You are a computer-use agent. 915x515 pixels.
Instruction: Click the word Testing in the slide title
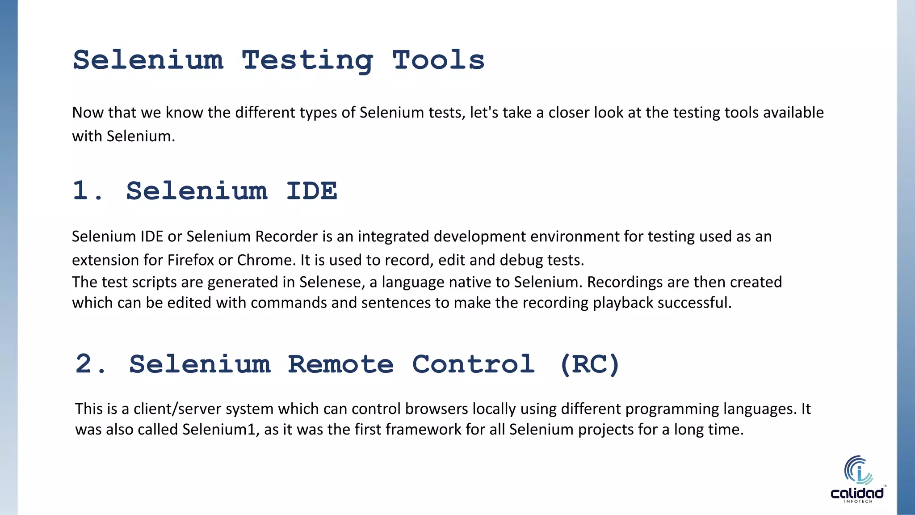coord(307,60)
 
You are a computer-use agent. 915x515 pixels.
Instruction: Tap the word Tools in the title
coord(438,60)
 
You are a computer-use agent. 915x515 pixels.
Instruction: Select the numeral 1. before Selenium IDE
coord(88,191)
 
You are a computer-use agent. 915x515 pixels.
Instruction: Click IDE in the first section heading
coord(311,191)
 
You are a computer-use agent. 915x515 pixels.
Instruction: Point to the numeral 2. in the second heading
coord(91,364)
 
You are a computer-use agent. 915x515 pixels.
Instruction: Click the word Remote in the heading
coord(340,364)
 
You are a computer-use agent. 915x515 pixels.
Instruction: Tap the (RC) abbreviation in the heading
coord(589,364)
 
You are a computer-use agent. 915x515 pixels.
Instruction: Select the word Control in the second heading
coord(473,364)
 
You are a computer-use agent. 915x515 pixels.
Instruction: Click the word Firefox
coord(191,260)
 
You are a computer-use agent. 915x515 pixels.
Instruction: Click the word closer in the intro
coord(569,112)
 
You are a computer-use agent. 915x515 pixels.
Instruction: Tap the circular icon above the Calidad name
coord(858,470)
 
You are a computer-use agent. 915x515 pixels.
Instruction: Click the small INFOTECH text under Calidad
coord(858,502)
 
